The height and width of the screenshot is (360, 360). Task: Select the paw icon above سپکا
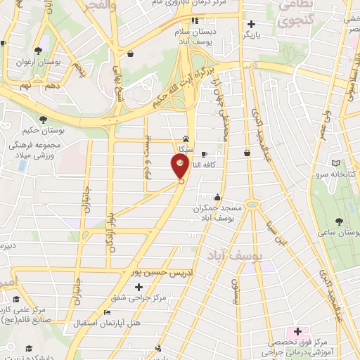(186, 139)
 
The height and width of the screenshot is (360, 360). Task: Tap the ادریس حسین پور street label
(162, 270)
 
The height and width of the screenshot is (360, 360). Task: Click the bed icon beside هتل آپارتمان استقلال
(107, 312)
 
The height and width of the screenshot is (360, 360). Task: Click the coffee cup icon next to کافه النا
(204, 154)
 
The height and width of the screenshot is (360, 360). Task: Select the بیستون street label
(236, 286)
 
